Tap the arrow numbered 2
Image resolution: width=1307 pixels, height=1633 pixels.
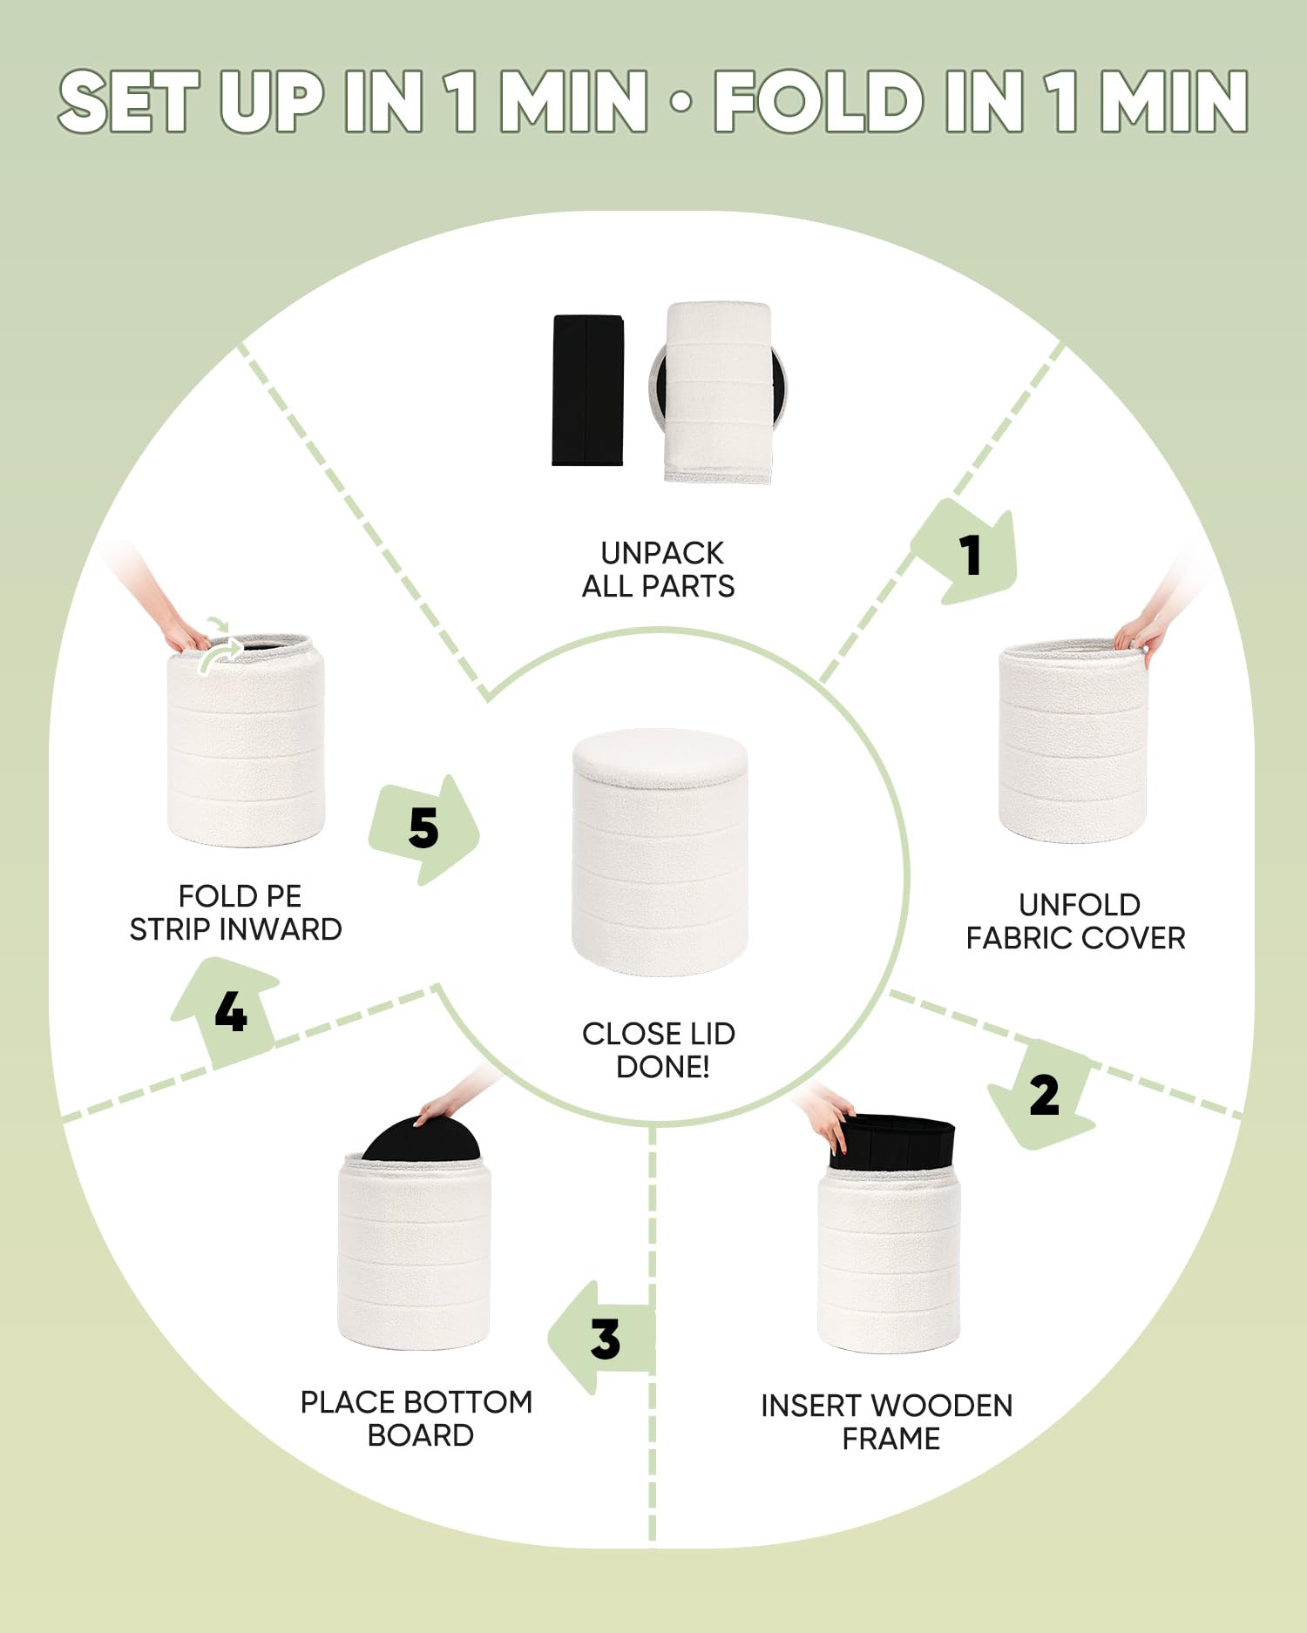pos(1042,1094)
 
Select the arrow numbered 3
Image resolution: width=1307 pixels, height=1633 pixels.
pos(601,1338)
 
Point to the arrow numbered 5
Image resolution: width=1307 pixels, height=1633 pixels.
pos(424,828)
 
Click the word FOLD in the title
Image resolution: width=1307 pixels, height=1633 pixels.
pos(818,102)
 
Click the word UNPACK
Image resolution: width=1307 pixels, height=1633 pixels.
pos(662,553)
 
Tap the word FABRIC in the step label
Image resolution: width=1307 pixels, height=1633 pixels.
pos(1019,938)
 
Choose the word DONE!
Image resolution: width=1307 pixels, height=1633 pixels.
pos(663,1067)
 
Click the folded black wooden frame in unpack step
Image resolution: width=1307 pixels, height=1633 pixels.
pos(588,390)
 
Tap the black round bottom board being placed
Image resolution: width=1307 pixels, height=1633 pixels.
pos(421,1139)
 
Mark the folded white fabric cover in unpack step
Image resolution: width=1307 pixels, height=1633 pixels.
pos(718,392)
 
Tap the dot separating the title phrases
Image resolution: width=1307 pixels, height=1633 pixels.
pos(681,102)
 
